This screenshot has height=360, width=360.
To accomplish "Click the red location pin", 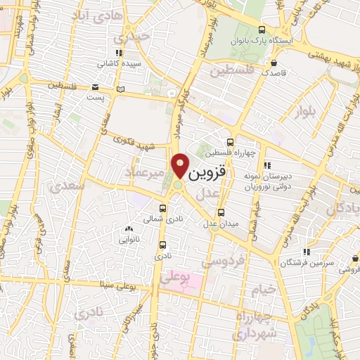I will pyautogui.click(x=181, y=165).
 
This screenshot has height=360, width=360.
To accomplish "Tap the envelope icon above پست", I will pyautogui.click(x=95, y=87).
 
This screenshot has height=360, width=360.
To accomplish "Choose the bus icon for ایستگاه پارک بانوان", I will pyautogui.click(x=262, y=30).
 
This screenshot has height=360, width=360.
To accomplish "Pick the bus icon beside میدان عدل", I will pyautogui.click(x=221, y=212).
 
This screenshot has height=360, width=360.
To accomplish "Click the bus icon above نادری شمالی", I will pyautogui.click(x=163, y=209).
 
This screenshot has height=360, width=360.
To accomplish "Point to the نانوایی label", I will pyautogui.click(x=128, y=238).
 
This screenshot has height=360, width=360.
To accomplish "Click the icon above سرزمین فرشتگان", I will pyautogui.click(x=306, y=252).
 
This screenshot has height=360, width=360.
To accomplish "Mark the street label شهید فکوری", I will pyautogui.click(x=137, y=143).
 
